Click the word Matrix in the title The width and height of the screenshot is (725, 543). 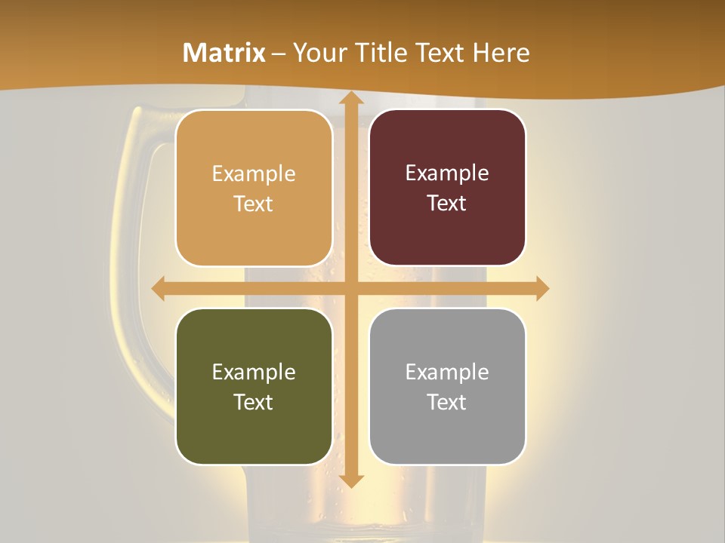click(x=224, y=53)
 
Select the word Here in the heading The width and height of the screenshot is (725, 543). click(x=501, y=53)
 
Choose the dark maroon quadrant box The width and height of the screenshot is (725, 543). click(x=447, y=234)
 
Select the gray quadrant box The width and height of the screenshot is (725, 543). click(x=447, y=434)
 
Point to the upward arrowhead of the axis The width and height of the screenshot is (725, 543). click(x=350, y=99)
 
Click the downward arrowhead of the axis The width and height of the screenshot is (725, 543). click(x=350, y=481)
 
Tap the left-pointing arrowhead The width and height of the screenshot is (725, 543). click(x=159, y=289)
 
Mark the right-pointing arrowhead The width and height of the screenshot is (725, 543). click(x=541, y=289)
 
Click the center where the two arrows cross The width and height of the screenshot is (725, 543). click(x=350, y=289)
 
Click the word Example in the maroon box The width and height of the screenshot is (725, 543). click(x=447, y=173)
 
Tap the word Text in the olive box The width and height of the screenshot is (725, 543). click(x=254, y=402)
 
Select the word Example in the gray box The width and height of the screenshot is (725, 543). click(x=447, y=372)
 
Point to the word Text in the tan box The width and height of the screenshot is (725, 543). click(x=254, y=204)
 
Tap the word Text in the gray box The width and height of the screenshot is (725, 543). click(x=447, y=402)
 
